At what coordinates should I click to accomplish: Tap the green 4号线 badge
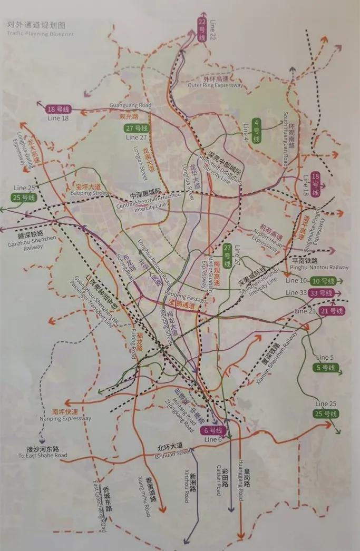[257, 131]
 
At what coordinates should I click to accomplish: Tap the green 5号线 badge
[325, 367]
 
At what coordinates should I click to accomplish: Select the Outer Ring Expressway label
[216, 85]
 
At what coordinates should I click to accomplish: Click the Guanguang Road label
[130, 105]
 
